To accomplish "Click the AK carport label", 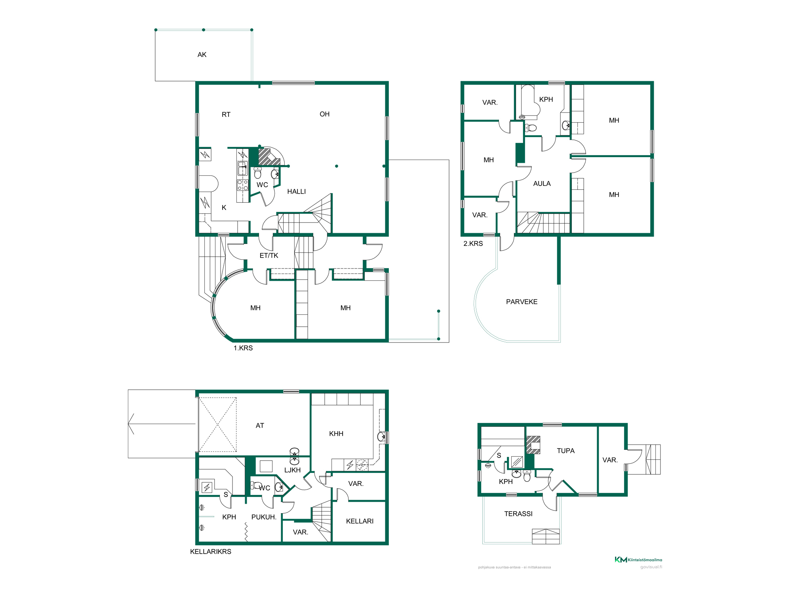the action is (x=202, y=55).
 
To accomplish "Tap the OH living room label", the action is (x=324, y=114).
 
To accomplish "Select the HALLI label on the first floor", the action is (x=296, y=192).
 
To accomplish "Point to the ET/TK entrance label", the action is (x=269, y=256).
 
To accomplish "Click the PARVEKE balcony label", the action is (x=522, y=302).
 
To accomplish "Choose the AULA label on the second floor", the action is (x=542, y=184).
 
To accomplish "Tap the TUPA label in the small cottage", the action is (x=565, y=451).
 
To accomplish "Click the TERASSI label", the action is (x=518, y=514).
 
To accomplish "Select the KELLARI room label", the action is (x=360, y=521).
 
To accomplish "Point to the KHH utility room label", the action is (x=336, y=434).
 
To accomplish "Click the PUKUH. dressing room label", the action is (x=264, y=517).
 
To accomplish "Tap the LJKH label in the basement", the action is (x=292, y=470).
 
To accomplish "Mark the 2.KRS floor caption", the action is (x=473, y=244).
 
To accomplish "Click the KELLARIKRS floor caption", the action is (x=211, y=552).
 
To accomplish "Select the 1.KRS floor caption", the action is (x=243, y=348).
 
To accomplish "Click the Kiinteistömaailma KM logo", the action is (x=638, y=560).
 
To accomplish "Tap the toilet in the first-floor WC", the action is (x=258, y=173).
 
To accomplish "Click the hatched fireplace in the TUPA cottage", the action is (x=533, y=445).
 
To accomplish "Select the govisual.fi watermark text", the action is (x=651, y=567).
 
